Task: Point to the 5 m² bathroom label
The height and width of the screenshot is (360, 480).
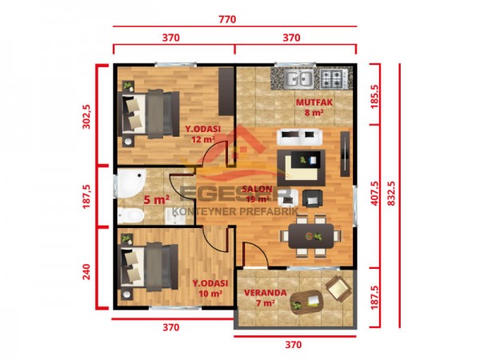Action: pos(156,200)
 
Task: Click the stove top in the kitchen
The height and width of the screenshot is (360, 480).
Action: pos(332,78)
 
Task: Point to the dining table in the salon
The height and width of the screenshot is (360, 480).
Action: pos(310,235)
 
